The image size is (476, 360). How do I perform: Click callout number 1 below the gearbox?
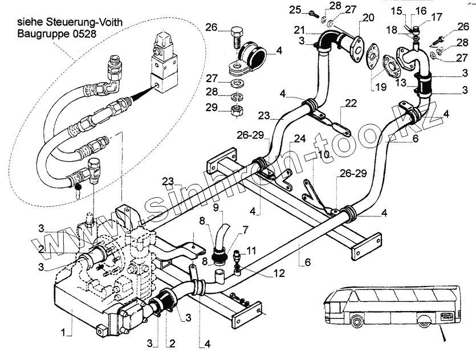click(63, 333)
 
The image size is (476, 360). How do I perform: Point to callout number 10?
click(324, 154)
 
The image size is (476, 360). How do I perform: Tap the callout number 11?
click(251, 251)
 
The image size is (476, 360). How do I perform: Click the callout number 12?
click(279, 273)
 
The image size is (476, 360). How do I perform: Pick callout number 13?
click(401, 83)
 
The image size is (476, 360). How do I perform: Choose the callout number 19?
click(380, 87)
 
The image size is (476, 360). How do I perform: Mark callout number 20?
click(368, 18)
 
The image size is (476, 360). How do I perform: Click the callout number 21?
click(300, 30)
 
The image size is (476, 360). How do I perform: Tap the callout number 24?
click(300, 138)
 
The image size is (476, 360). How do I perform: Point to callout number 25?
click(295, 10)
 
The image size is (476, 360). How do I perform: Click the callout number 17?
click(437, 17)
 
